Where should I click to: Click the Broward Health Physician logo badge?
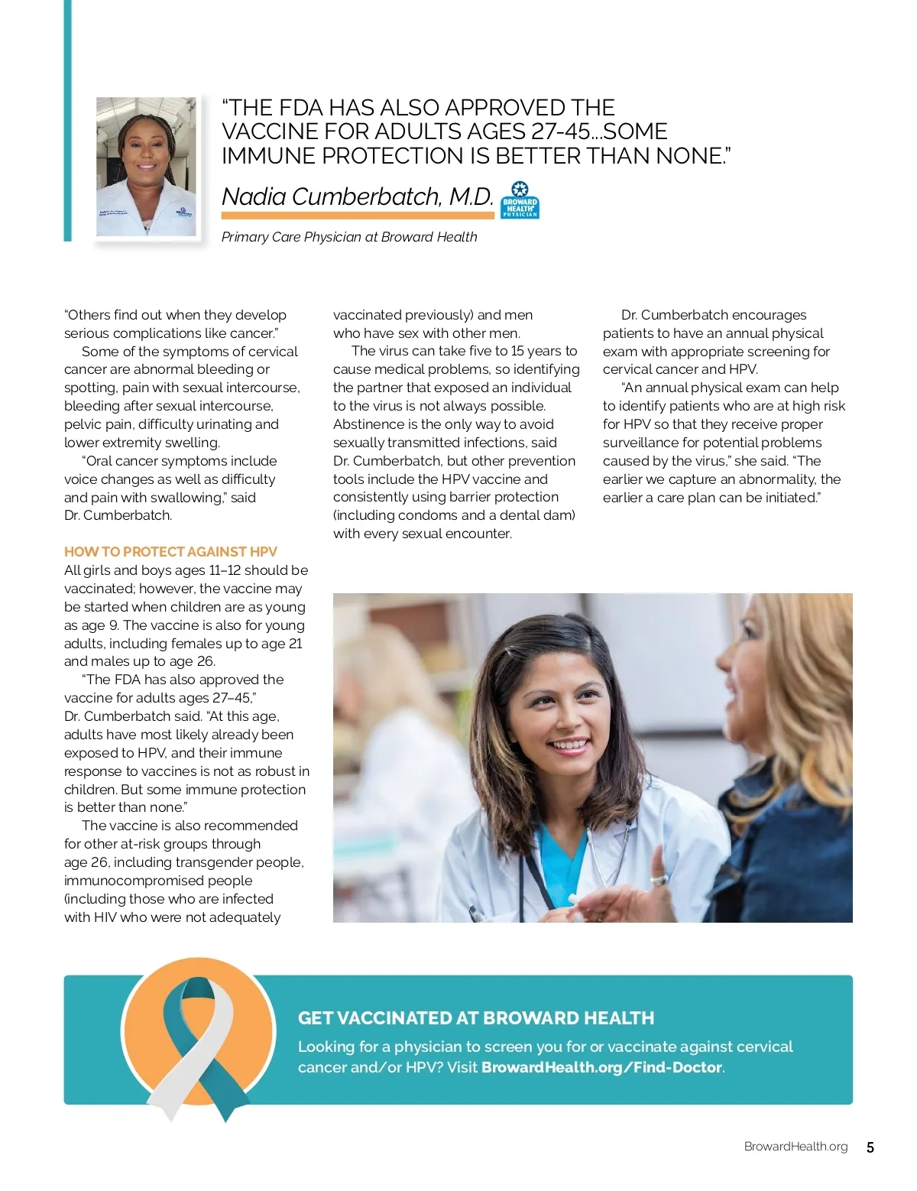(520, 200)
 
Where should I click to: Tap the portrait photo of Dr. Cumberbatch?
(146, 167)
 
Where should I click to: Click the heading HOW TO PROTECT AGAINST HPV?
(170, 552)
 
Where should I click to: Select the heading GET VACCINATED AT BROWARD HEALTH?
(476, 1018)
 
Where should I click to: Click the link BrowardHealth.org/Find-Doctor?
(601, 1067)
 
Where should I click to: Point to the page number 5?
(870, 1147)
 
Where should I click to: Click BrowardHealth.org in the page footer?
(795, 1147)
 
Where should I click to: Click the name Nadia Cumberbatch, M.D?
(358, 196)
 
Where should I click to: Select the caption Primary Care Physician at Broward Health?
(349, 237)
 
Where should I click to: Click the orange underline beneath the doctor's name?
(358, 216)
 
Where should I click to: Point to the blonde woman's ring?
(659, 881)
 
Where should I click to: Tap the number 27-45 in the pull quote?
(561, 131)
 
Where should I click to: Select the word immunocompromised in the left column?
(158, 881)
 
